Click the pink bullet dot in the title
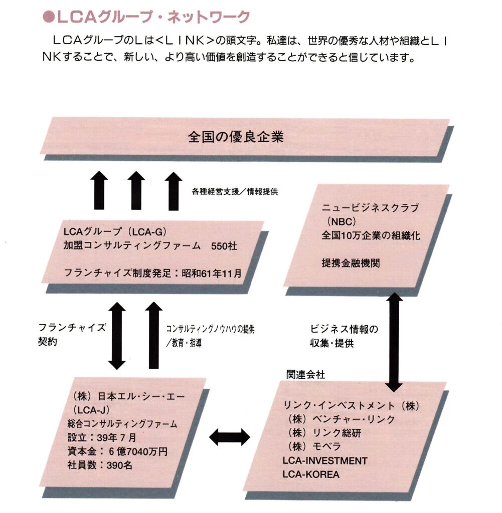(49, 17)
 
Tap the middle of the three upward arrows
(136, 190)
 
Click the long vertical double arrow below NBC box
(394, 342)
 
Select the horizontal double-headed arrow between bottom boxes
(230, 437)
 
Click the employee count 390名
(119, 464)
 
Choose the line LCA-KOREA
(311, 473)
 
